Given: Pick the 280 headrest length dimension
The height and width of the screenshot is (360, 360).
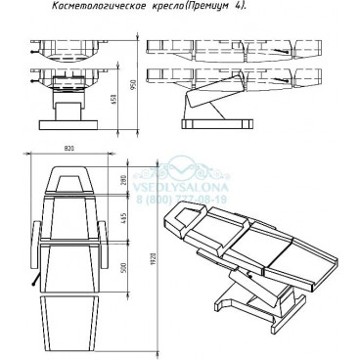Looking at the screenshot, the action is coord(123,181).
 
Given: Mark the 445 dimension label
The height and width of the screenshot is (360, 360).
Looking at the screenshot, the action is coord(123,219).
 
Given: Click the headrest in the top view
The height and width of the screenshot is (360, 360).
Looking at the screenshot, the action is coord(69,181).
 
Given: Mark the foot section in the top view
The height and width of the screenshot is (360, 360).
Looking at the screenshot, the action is coord(69,323).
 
